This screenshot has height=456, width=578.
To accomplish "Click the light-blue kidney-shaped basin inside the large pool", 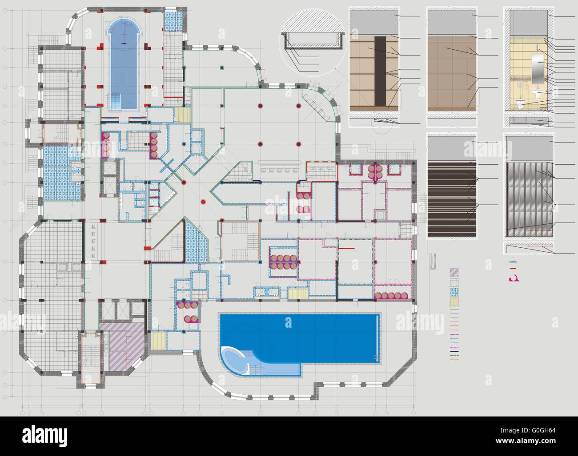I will click(234, 357).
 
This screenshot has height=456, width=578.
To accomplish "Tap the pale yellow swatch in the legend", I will click(454, 302).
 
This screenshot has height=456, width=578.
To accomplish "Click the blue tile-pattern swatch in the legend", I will click(454, 292).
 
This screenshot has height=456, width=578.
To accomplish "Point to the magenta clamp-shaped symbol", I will click(514, 279).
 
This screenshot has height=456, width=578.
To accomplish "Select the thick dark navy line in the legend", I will click(454, 354).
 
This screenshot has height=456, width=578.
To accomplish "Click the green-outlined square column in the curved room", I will click(221, 67).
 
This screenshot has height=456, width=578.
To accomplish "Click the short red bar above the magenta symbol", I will click(513, 269).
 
